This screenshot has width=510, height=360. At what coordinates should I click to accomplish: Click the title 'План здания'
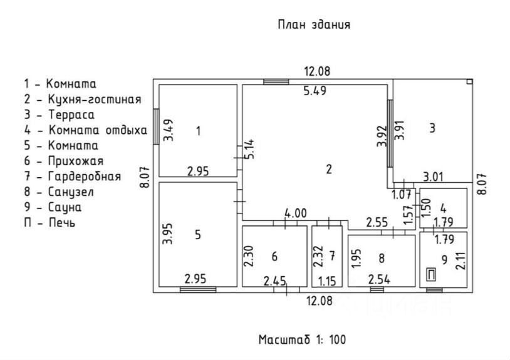[313, 24]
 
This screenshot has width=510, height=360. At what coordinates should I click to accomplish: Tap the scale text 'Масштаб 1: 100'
[302, 339]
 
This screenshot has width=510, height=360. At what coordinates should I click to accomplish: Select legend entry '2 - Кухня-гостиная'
[83, 99]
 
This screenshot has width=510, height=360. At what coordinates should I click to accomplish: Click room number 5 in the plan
[198, 235]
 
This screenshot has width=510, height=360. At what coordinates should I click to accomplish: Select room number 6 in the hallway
[274, 256]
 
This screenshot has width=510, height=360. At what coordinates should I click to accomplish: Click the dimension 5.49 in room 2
[315, 91]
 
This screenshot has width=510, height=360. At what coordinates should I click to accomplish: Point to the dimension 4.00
[295, 213]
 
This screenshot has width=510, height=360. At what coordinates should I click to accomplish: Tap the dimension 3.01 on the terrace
[433, 177]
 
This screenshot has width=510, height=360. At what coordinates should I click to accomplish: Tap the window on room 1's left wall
[156, 123]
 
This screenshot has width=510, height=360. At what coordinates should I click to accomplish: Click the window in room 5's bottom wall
[197, 289]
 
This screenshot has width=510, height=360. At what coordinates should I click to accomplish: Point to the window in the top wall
[276, 81]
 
